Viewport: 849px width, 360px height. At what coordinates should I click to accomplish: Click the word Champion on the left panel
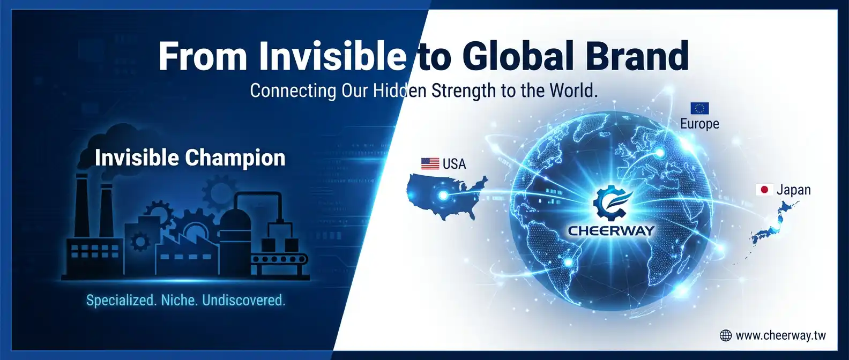pos(235,159)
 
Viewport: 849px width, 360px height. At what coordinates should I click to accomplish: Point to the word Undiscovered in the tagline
pos(244,301)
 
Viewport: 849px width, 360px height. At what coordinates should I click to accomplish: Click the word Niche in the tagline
pos(178,301)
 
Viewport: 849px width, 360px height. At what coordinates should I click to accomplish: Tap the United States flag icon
pos(430,164)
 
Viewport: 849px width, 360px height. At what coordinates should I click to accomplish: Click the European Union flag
pos(699,108)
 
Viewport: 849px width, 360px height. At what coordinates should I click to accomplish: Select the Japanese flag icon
pos(764,190)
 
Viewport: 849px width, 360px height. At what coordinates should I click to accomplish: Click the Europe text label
pos(699,124)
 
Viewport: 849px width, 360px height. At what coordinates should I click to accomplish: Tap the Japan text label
pos(794,190)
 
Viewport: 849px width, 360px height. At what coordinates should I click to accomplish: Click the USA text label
pos(454,164)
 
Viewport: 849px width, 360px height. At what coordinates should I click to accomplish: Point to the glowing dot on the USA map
pos(443,196)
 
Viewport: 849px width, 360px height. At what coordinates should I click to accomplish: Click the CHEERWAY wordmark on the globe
pos(612,230)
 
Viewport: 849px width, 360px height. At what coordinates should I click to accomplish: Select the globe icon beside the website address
pos(725,335)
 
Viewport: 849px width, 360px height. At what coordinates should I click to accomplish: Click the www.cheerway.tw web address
pos(780,336)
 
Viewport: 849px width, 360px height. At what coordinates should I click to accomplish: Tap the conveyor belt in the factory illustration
pos(280,260)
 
